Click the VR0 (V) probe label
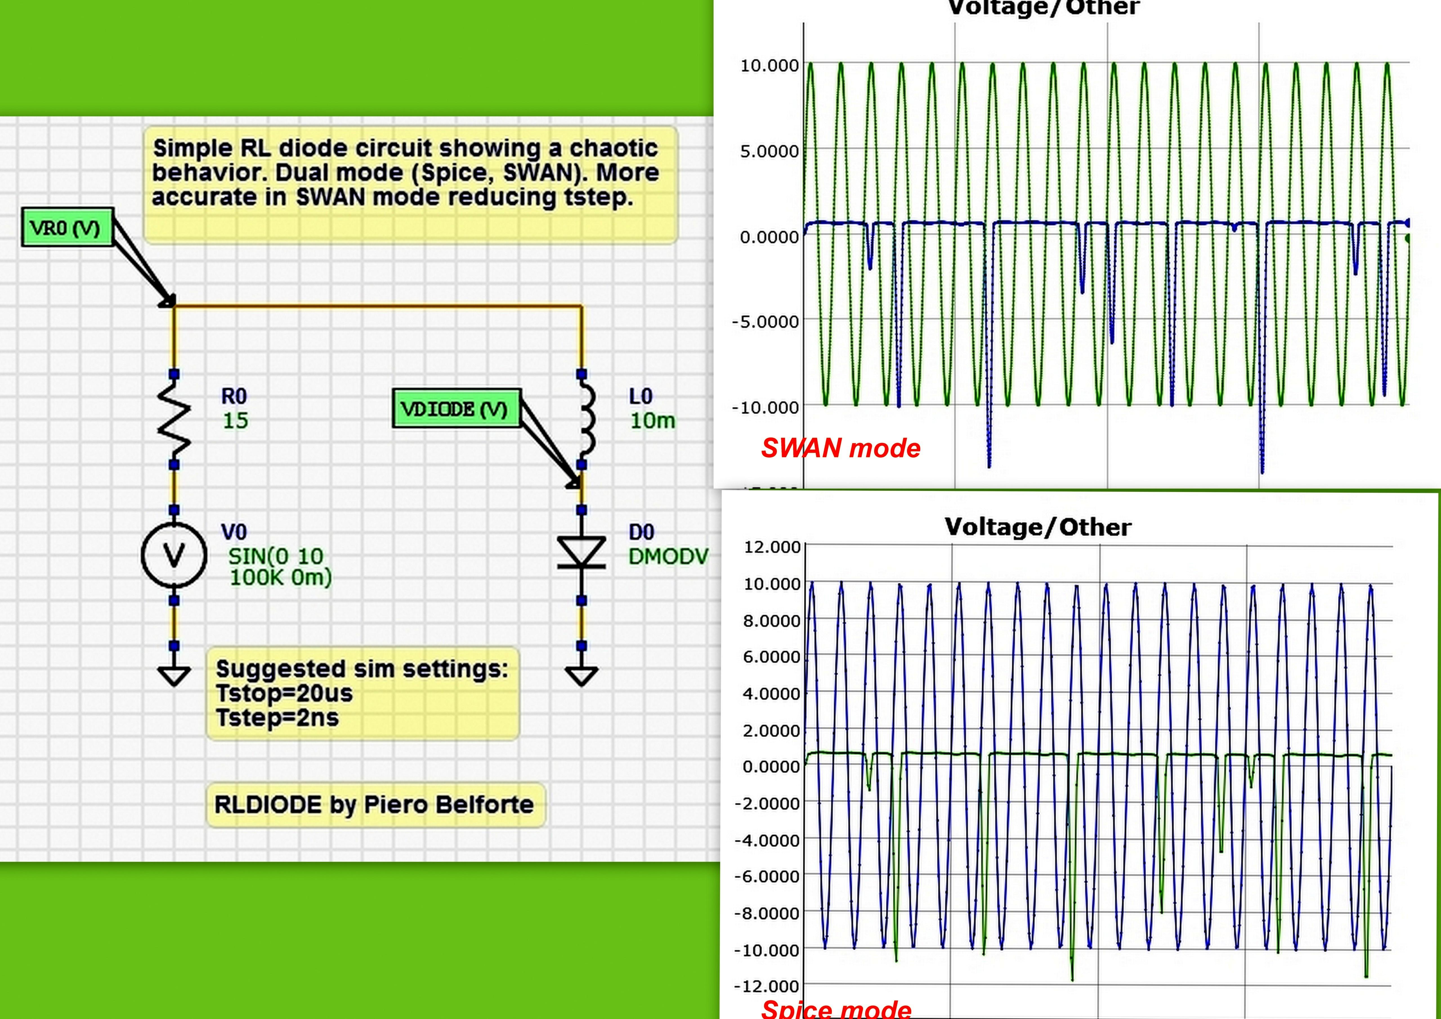[x=67, y=227]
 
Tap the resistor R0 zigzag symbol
[x=174, y=419]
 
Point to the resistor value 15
[x=235, y=421]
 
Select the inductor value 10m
[x=652, y=421]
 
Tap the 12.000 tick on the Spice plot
[x=771, y=547]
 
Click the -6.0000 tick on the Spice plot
[x=767, y=877]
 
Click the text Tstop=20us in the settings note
[x=284, y=693]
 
